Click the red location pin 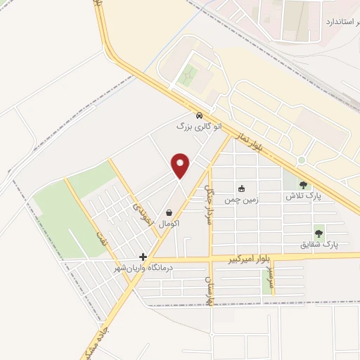(x=181, y=166)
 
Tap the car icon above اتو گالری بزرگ (x=200, y=115)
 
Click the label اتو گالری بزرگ (x=199, y=127)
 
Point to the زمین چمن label (x=242, y=200)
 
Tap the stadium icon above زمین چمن (x=242, y=188)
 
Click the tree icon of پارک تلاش (x=303, y=185)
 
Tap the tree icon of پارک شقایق (x=319, y=233)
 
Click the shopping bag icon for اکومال (x=169, y=212)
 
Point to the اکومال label (x=169, y=223)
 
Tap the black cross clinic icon (x=143, y=257)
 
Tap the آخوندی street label (x=137, y=205)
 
